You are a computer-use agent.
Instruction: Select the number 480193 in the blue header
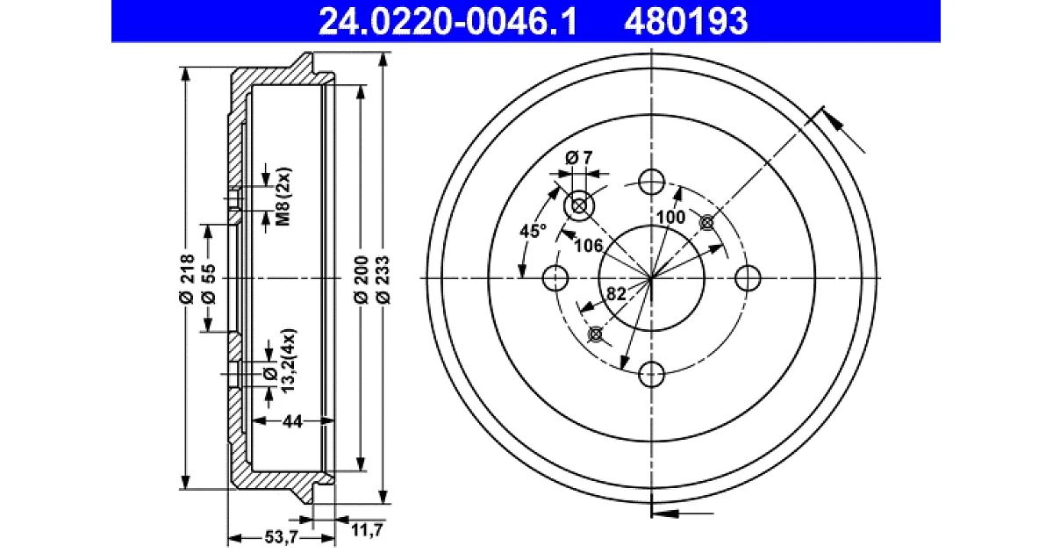pos(686,22)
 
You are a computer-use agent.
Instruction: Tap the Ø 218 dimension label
pos(188,278)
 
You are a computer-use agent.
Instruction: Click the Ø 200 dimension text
pos(361,279)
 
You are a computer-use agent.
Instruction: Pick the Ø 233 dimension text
pos(383,279)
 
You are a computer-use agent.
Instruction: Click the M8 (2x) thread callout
pos(283,196)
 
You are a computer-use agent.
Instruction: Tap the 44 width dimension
pos(292,422)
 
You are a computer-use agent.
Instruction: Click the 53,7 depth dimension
pos(281,536)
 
